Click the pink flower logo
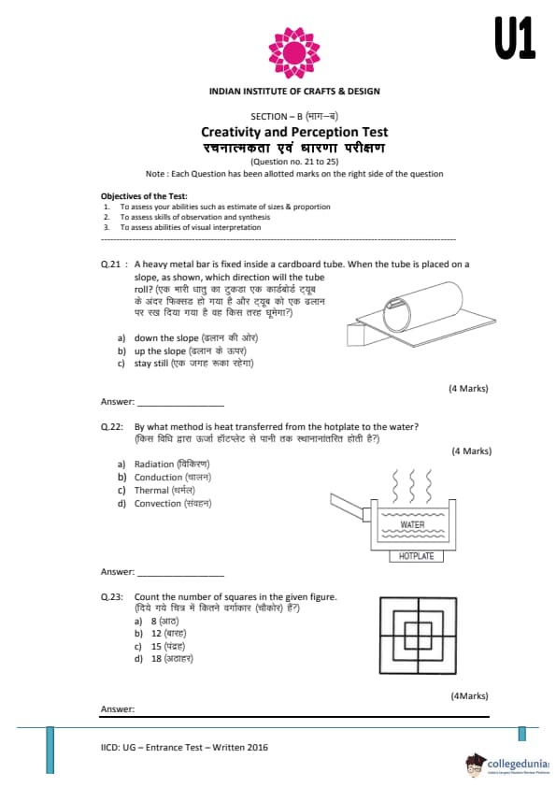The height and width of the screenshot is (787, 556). coord(294,52)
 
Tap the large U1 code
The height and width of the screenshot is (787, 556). coord(515,37)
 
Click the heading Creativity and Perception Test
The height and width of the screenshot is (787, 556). coord(294,132)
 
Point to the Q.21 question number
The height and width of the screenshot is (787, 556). coord(111,265)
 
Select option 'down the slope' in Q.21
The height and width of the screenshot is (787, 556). coord(165,338)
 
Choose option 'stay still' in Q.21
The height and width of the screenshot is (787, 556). coord(150,364)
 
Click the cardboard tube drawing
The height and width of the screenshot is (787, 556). coord(422,308)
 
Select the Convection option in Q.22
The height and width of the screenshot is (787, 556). coord(158,504)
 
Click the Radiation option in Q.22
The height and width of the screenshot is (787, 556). coord(154,465)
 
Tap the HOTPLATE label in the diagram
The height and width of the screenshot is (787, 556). coord(416,556)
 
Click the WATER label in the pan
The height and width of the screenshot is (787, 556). coord(412,524)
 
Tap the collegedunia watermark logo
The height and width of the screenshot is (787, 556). coord(507,765)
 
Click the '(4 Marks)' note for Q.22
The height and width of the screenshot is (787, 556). coord(472,451)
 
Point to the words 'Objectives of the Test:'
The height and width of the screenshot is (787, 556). coord(144,196)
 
